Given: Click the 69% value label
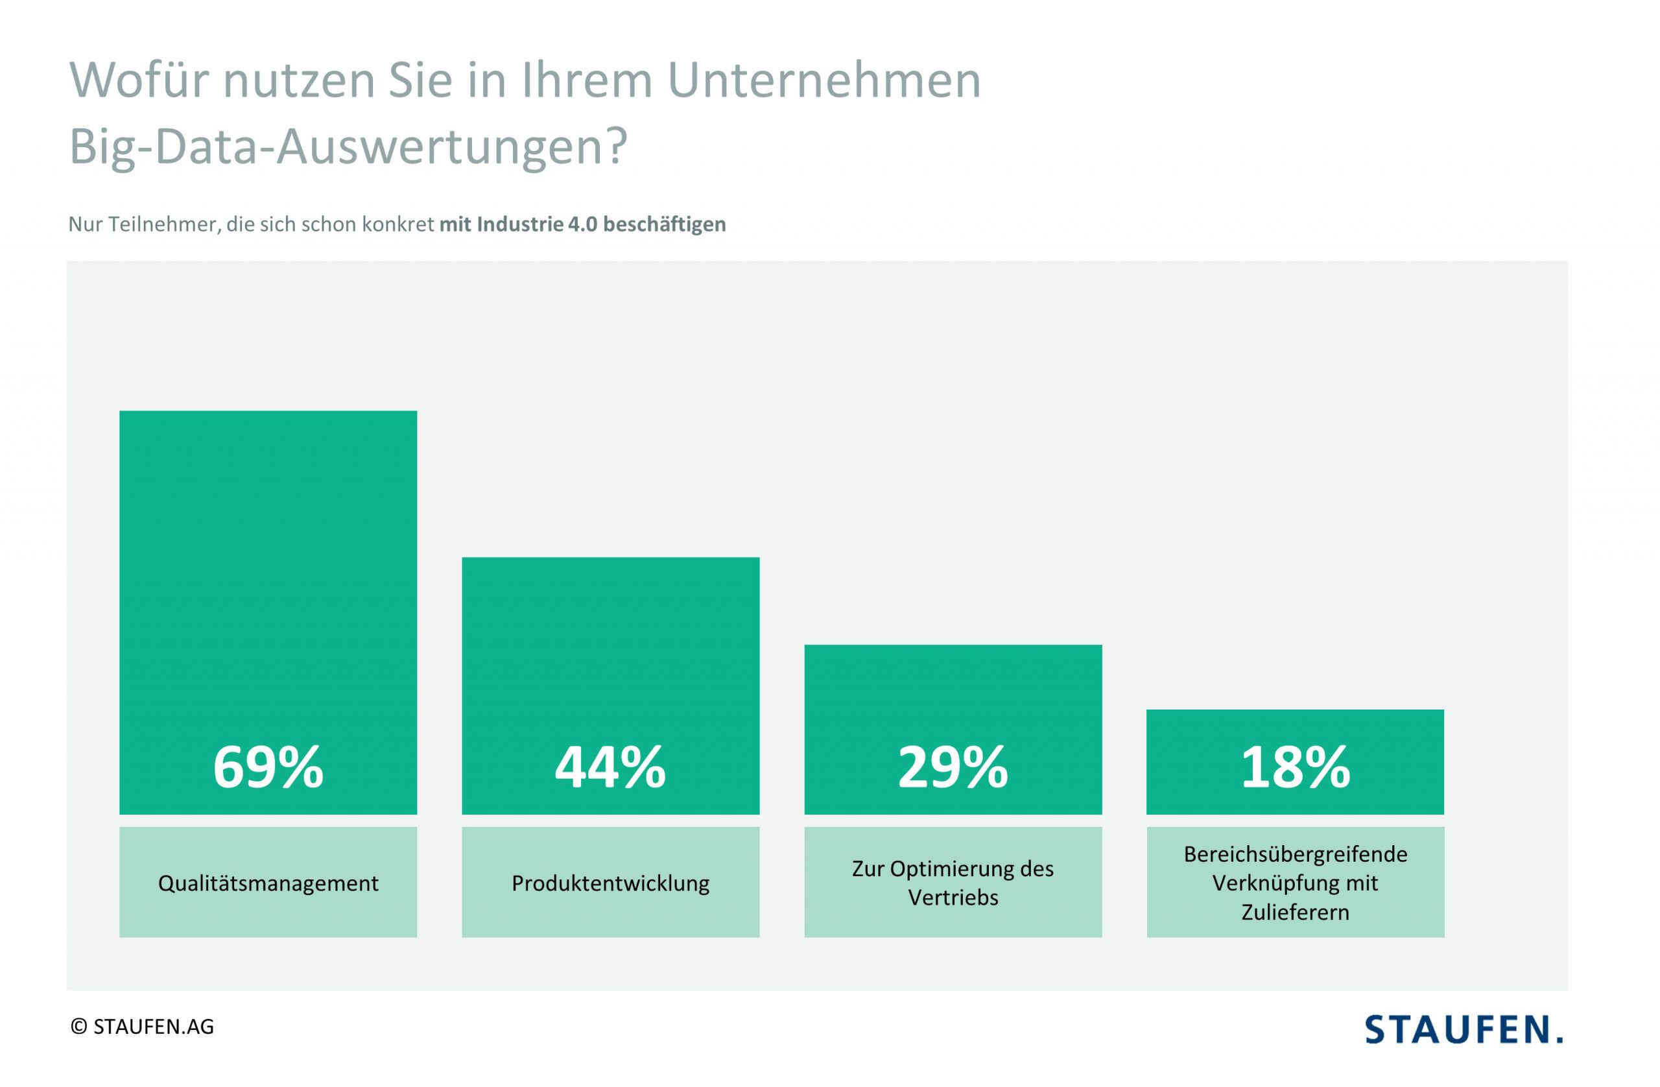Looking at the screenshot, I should tap(268, 767).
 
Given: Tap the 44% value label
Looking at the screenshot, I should tap(610, 767).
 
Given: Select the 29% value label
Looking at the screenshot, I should tap(953, 767).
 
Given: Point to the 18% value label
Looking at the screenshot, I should tap(1295, 767).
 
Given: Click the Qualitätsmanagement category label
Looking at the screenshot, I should tap(268, 883).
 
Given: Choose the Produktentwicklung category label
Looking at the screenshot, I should tap(610, 883).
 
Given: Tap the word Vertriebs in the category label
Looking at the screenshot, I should tap(953, 898).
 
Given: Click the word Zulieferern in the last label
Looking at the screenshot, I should tap(1295, 913).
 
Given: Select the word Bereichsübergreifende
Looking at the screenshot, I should tap(1295, 854).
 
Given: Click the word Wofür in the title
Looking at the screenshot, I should tap(139, 80).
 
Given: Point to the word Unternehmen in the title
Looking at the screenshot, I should tap(824, 80).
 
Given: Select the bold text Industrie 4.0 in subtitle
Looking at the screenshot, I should tap(536, 224).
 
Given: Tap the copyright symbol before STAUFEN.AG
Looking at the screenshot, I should tap(79, 1027).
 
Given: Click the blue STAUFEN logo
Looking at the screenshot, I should tap(1464, 1030).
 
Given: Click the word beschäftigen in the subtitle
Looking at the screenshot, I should tap(664, 224).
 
